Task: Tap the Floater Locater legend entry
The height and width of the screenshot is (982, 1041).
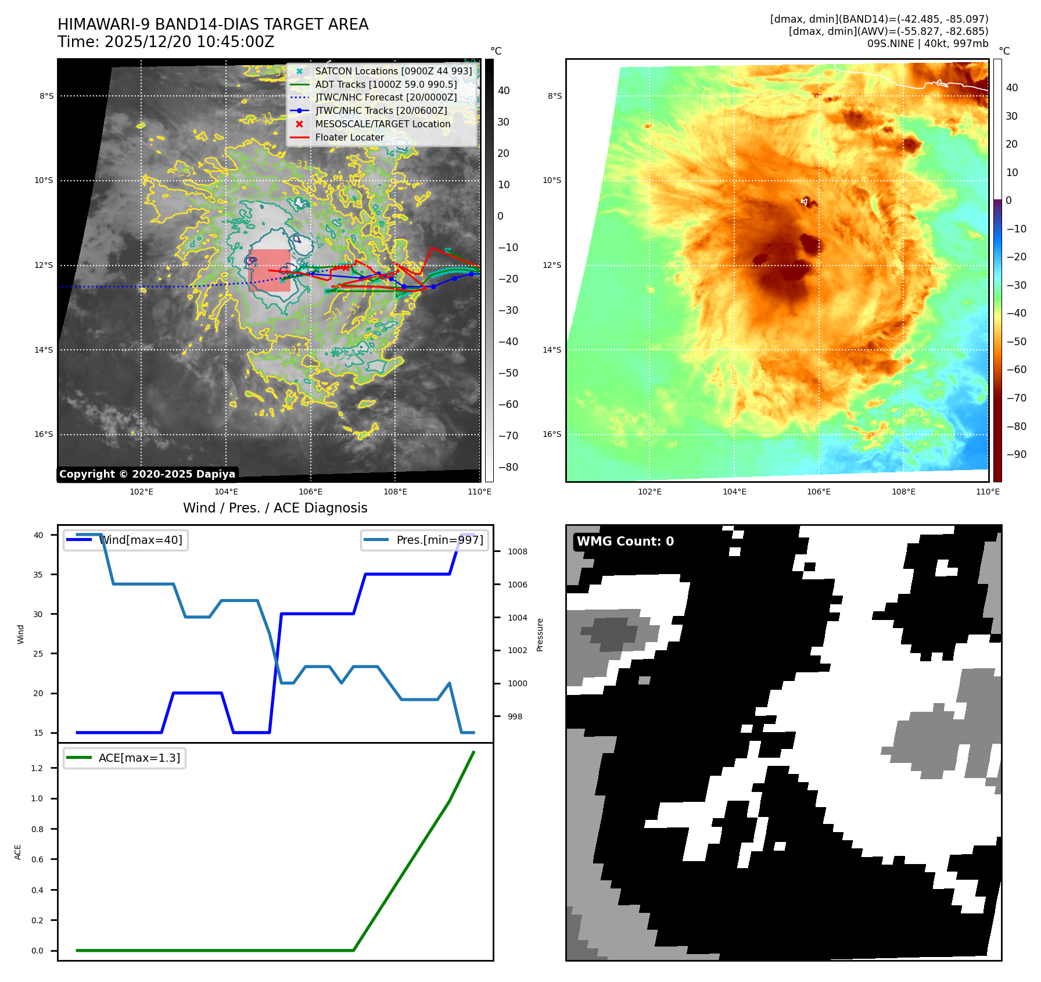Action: click(349, 137)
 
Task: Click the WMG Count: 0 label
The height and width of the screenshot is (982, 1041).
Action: click(625, 541)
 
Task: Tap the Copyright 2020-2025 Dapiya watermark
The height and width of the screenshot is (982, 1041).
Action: click(147, 474)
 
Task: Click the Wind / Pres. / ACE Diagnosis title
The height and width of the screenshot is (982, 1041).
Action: click(275, 508)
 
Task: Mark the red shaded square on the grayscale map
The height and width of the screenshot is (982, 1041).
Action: click(270, 270)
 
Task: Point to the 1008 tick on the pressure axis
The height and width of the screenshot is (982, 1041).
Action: click(517, 551)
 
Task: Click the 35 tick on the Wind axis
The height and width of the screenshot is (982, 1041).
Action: click(38, 574)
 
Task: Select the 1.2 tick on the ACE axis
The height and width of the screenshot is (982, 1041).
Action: click(37, 768)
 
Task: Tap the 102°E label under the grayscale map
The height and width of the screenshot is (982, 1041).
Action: click(141, 492)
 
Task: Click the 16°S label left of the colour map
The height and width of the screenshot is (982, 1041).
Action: click(552, 434)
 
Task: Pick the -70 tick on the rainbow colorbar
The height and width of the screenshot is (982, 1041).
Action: click(1016, 398)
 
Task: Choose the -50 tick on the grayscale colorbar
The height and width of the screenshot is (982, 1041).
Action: click(508, 373)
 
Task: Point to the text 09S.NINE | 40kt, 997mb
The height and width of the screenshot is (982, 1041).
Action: click(927, 44)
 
